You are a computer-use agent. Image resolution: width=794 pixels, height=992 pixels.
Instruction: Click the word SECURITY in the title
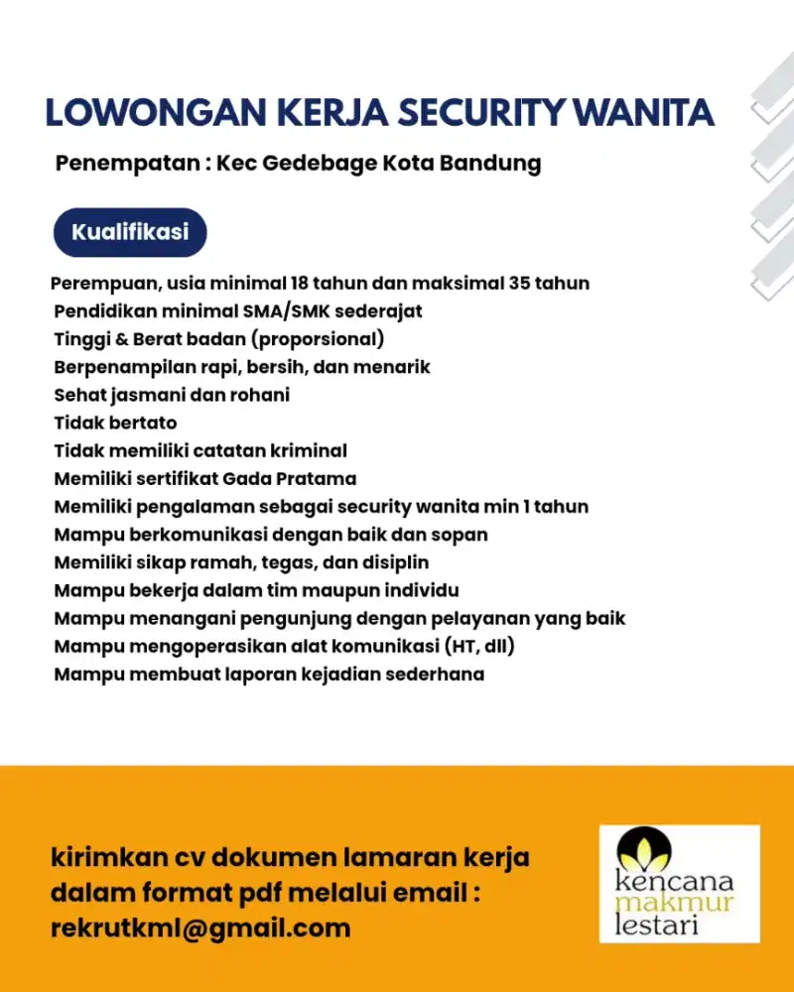click(483, 112)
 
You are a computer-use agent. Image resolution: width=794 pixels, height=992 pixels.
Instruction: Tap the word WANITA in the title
click(645, 112)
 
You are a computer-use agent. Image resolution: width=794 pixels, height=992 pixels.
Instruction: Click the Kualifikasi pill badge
click(130, 233)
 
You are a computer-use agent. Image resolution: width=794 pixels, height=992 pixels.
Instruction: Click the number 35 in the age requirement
click(519, 284)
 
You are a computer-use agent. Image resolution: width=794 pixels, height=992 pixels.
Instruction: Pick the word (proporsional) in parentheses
click(317, 339)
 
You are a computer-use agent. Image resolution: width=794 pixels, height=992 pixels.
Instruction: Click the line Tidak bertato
click(115, 423)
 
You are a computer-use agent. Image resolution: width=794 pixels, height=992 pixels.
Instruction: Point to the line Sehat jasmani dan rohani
click(172, 395)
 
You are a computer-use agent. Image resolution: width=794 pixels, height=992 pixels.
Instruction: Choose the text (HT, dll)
click(480, 647)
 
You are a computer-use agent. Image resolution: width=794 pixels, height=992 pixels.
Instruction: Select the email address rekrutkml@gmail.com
click(200, 929)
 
